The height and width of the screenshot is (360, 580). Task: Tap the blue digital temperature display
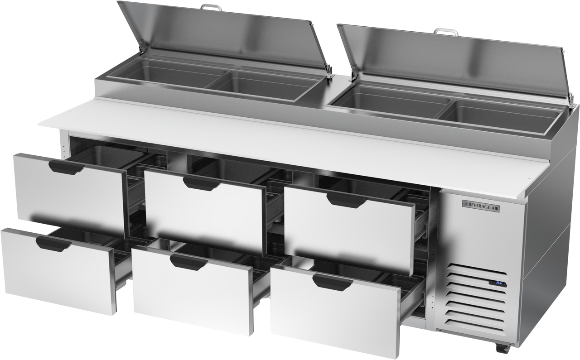tap(499, 283)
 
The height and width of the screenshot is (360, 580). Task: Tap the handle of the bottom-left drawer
tap(53, 243)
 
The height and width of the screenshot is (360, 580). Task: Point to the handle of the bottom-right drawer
tap(332, 281)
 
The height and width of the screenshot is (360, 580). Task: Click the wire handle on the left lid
tap(211, 6)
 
